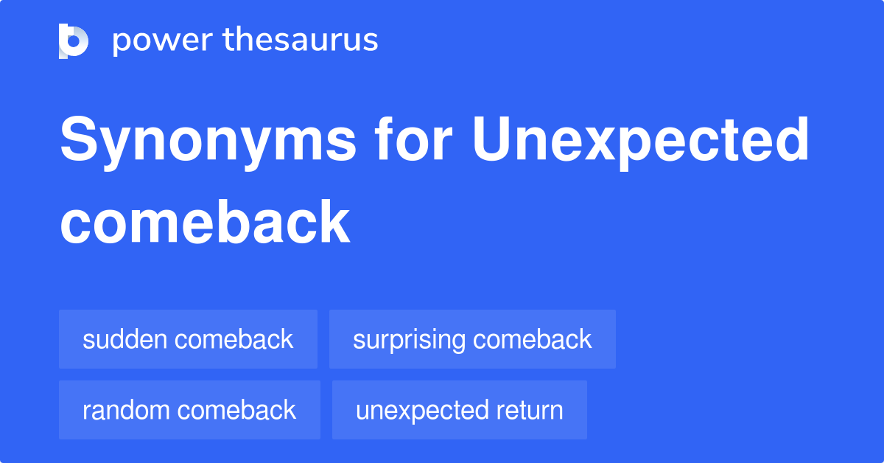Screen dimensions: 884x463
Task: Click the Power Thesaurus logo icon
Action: pyautogui.click(x=74, y=41)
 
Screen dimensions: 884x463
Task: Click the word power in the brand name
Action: pyautogui.click(x=163, y=41)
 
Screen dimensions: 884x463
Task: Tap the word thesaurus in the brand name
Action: pyautogui.click(x=301, y=39)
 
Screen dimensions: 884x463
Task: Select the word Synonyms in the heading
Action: pyautogui.click(x=208, y=143)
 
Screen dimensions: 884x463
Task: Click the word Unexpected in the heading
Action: pyautogui.click(x=640, y=143)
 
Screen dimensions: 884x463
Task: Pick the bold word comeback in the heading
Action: pyautogui.click(x=205, y=222)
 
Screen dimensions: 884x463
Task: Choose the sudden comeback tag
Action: pyautogui.click(x=189, y=339)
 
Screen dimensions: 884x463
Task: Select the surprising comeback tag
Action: pyautogui.click(x=472, y=339)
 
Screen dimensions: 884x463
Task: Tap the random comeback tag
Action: pyautogui.click(x=189, y=410)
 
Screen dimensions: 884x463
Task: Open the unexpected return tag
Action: pyautogui.click(x=460, y=410)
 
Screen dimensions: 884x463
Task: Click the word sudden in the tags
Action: pyautogui.click(x=124, y=339)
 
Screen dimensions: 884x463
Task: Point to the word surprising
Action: pyautogui.click(x=410, y=341)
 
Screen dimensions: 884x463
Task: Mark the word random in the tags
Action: pyautogui.click(x=126, y=410)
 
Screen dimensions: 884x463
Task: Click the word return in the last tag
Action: pyautogui.click(x=530, y=411)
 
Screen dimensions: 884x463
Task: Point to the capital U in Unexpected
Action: pyautogui.click(x=491, y=139)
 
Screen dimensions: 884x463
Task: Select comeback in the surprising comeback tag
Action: pyautogui.click(x=533, y=339)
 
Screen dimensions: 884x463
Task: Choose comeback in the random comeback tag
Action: pyautogui.click(x=236, y=410)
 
